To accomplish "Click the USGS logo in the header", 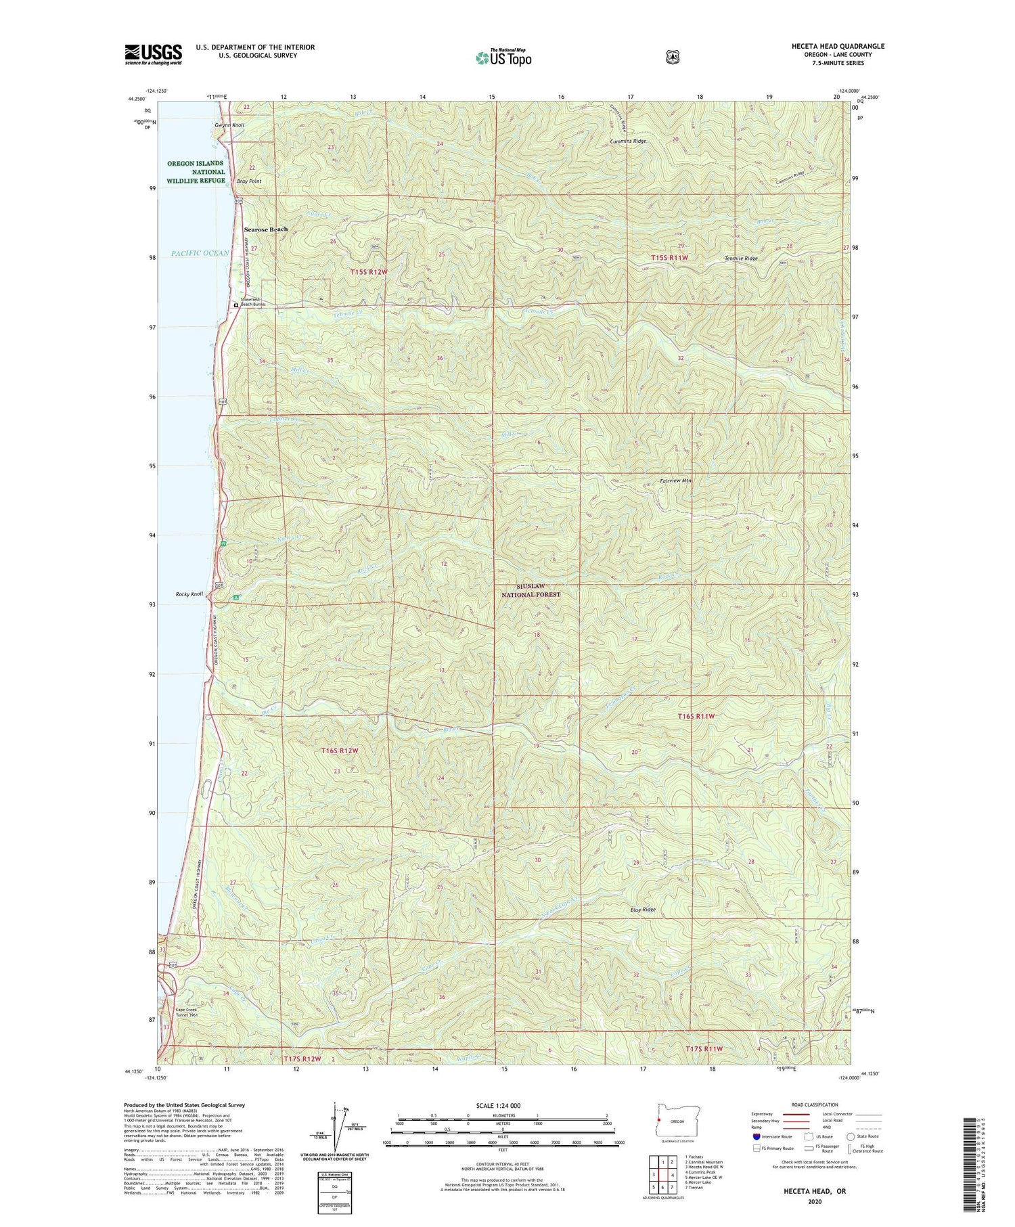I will (153, 54).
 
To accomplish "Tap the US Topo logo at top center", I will (503, 58).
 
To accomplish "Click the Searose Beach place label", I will (265, 229).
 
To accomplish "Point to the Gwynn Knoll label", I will (229, 125).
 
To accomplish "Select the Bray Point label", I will (248, 181).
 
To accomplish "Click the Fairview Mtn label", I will (676, 481).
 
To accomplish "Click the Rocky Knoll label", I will (189, 594).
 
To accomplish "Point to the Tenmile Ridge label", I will (741, 259).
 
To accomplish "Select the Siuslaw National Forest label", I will (531, 590).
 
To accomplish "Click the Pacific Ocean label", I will (200, 253).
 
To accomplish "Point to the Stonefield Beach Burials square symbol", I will (235, 305).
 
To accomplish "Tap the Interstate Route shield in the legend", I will (757, 1136).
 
